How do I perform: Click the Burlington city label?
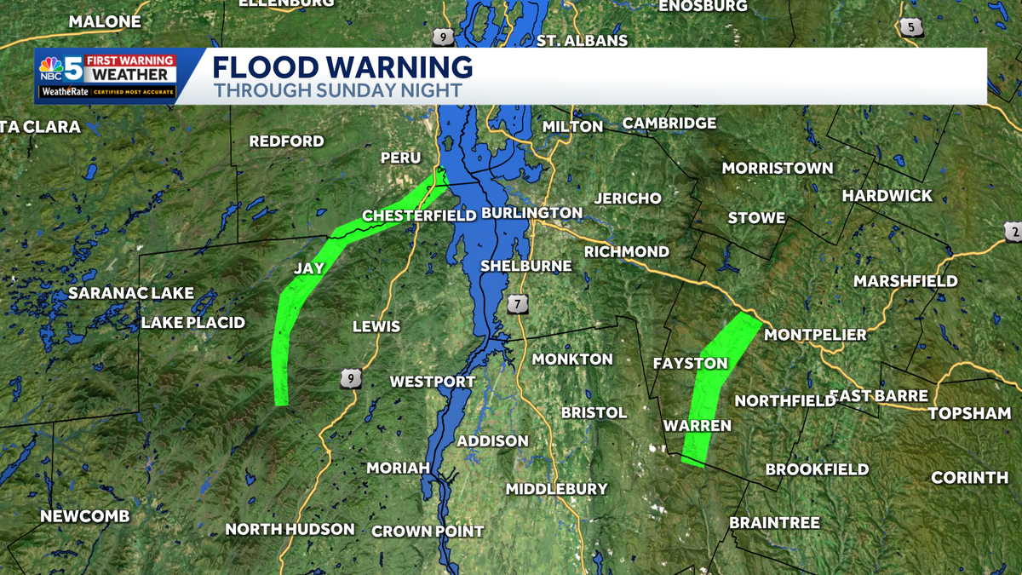coord(531,212)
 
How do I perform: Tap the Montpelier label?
coord(815,335)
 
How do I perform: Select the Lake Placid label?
coord(192,322)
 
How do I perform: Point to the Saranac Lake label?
coord(131,293)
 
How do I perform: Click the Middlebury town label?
coord(556,489)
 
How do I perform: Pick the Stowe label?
coord(756,218)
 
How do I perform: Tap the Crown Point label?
coord(428,531)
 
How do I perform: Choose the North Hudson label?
coord(290,529)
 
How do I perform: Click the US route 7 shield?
coord(517,303)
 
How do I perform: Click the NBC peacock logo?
coord(50,66)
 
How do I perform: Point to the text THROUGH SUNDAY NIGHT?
coord(337,90)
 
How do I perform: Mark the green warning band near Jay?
coord(294,298)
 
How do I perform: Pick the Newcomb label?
coord(85,516)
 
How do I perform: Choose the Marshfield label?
coord(905,281)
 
